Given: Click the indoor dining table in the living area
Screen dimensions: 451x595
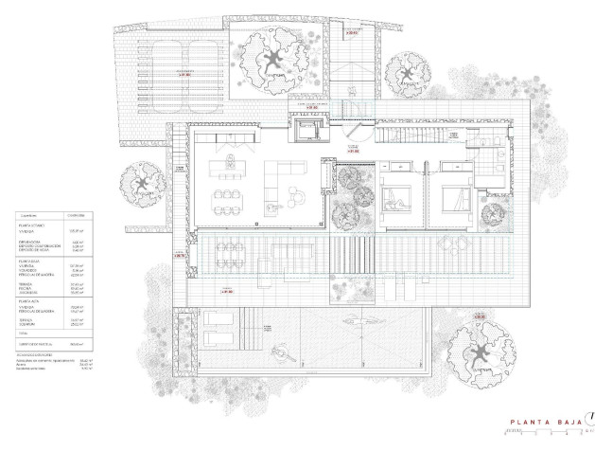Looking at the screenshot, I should click(x=224, y=200).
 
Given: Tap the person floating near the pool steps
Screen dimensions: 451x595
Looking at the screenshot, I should click(x=281, y=357).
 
